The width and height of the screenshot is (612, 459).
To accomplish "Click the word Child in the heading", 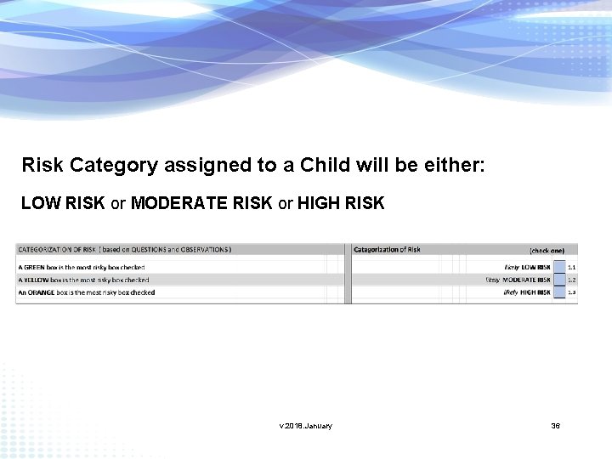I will pyautogui.click(x=323, y=165).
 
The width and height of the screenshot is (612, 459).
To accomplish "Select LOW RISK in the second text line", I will pyautogui.click(x=63, y=204).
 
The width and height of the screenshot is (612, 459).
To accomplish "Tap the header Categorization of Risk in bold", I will pyautogui.click(x=387, y=249).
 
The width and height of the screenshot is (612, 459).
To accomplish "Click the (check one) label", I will pyautogui.click(x=547, y=250).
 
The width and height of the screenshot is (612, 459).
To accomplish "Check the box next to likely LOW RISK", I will pyautogui.click(x=559, y=267).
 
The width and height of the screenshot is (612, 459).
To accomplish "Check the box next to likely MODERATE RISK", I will pyautogui.click(x=559, y=280).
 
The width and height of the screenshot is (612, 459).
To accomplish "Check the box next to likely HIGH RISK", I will pyautogui.click(x=559, y=292).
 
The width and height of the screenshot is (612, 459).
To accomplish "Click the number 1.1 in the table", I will pyautogui.click(x=572, y=267).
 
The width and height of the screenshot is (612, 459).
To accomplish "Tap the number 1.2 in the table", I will pyautogui.click(x=572, y=280).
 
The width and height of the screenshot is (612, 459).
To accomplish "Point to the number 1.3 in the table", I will pyautogui.click(x=572, y=292).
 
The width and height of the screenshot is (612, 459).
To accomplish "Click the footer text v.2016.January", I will pyautogui.click(x=306, y=426).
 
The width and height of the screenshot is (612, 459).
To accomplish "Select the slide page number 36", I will pyautogui.click(x=555, y=426).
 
